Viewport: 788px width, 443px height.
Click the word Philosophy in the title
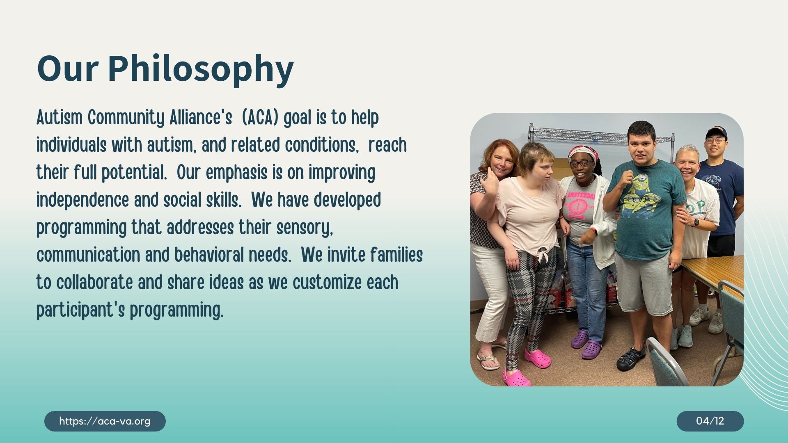201,69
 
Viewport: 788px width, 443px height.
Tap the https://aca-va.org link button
105,421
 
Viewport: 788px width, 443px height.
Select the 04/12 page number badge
710,421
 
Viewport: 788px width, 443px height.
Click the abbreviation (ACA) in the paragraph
260,118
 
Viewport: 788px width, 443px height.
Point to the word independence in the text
82,200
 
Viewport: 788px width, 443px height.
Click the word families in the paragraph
396,255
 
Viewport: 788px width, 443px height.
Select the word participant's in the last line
80,311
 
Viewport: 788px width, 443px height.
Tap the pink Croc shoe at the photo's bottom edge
517,378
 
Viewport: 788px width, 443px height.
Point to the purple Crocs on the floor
586,345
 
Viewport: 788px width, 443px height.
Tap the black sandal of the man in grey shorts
631,358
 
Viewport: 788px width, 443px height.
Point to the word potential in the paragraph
134,173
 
